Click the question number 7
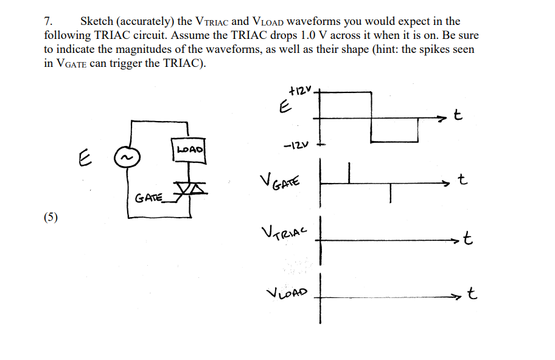click(x=48, y=22)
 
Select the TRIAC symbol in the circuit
click(x=190, y=190)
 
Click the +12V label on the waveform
click(x=300, y=91)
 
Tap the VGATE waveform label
click(x=281, y=180)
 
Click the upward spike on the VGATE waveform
click(x=349, y=171)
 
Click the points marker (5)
click(x=51, y=218)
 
